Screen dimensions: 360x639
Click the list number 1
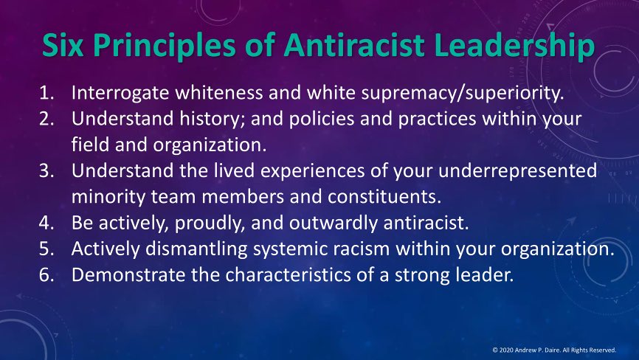point(45,94)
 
